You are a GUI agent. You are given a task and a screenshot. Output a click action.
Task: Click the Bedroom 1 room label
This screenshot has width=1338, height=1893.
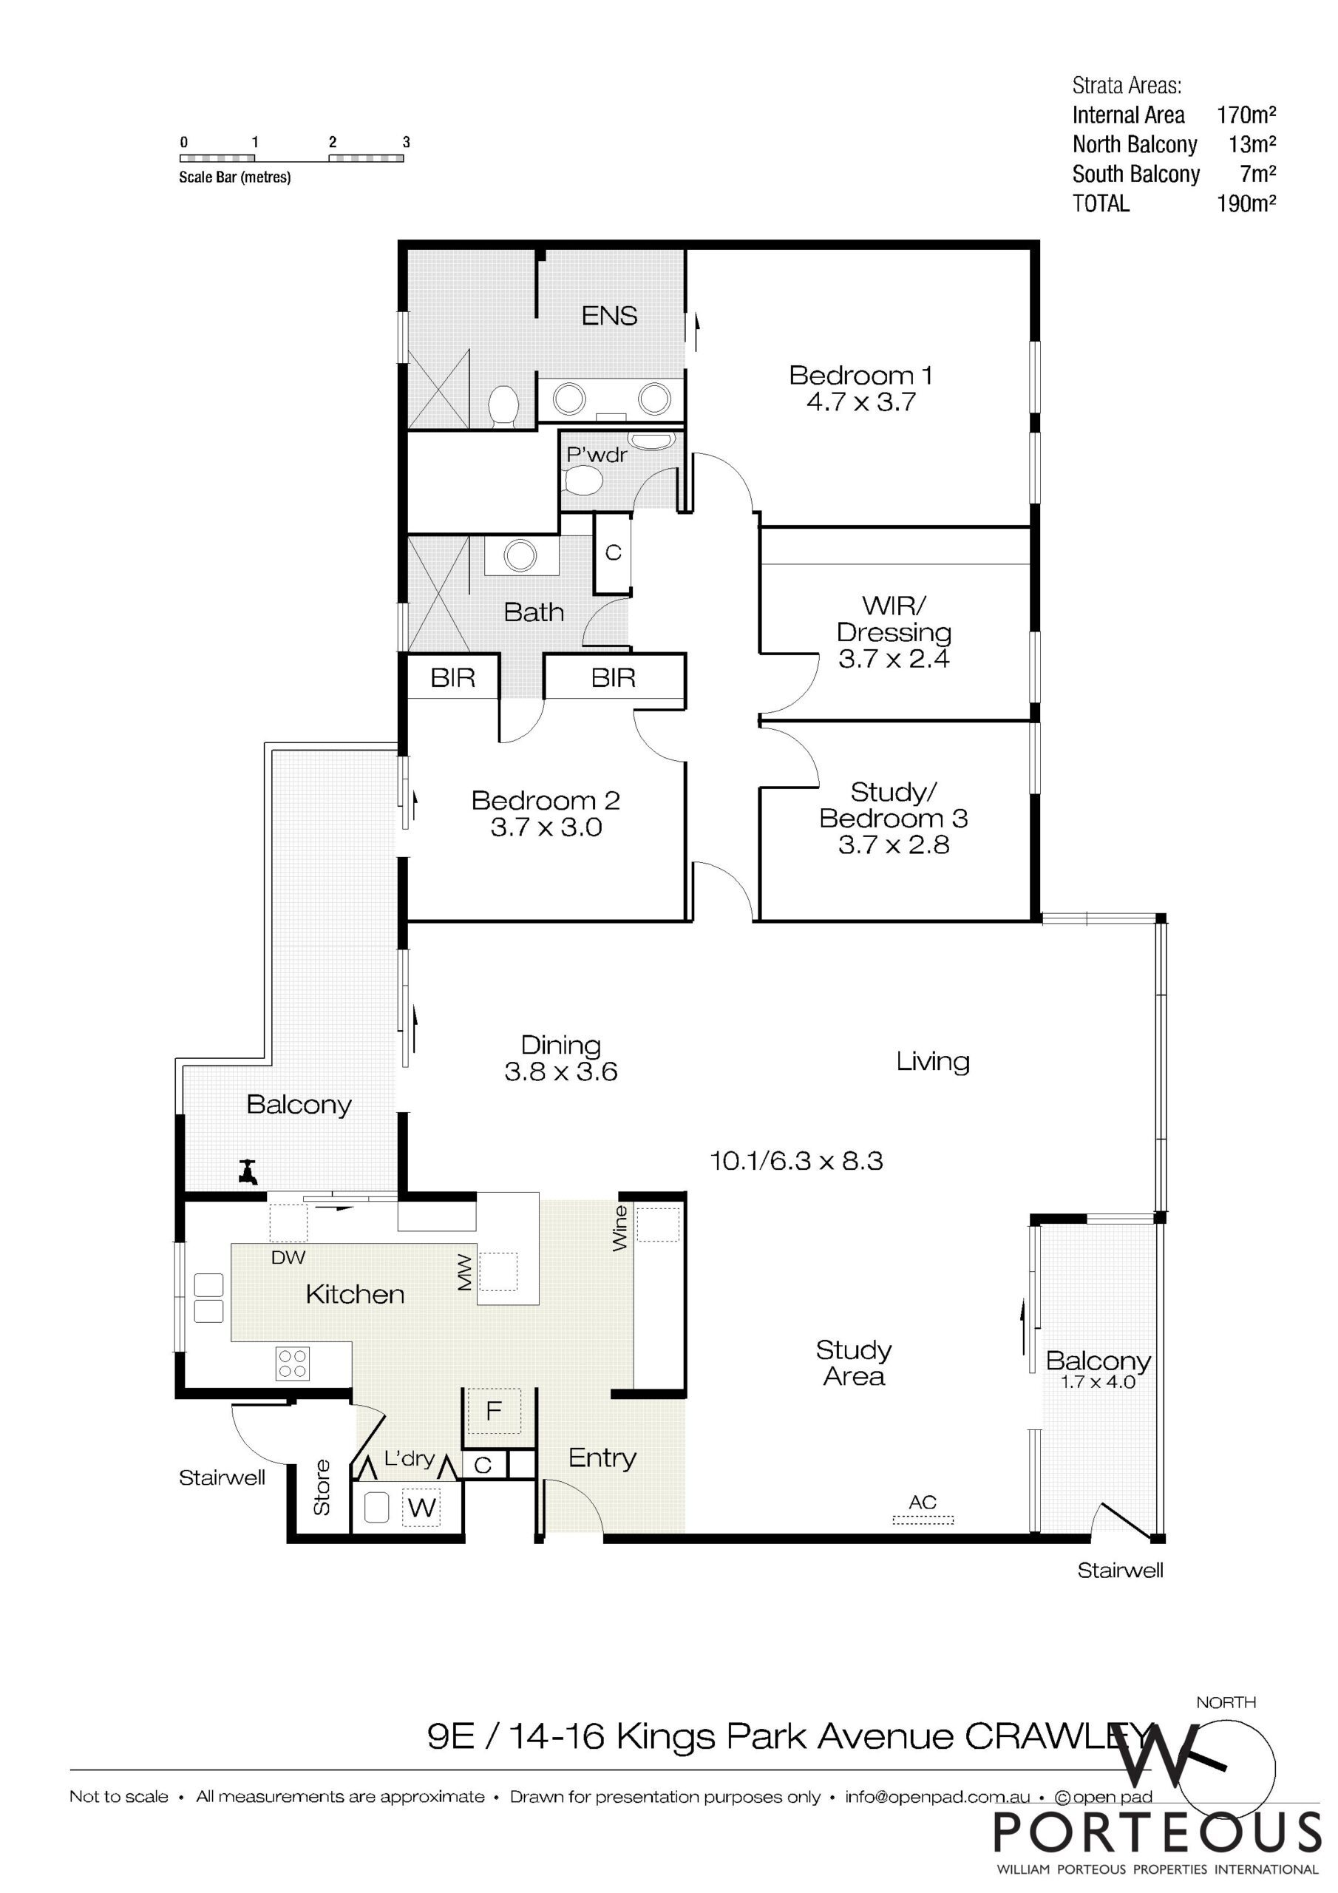pos(860,375)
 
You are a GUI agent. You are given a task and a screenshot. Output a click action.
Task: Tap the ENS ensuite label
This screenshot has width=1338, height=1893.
pos(609,316)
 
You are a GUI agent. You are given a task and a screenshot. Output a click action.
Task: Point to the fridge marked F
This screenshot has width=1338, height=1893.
pos(493,1411)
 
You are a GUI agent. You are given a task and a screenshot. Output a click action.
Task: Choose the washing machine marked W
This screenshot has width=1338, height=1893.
pos(422,1508)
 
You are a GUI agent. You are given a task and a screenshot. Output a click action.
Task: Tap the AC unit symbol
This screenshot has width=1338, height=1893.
pos(923,1519)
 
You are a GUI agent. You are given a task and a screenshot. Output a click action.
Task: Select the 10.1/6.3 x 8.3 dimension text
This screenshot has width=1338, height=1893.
pos(796,1161)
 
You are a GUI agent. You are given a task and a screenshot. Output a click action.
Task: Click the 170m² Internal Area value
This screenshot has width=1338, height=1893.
pos(1246,115)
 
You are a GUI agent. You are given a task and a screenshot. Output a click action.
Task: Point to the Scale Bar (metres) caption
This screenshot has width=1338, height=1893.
pos(235,177)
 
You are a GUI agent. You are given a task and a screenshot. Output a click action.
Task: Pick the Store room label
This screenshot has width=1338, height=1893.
pos(322,1487)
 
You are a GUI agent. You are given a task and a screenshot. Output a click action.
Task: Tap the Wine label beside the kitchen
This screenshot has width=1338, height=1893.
pos(620,1228)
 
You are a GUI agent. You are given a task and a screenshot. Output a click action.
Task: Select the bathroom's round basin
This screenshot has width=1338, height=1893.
pos(520,555)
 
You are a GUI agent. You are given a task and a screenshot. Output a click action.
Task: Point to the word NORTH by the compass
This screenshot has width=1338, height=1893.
pos(1226,1701)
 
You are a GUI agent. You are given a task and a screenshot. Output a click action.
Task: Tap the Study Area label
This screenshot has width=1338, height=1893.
pos(854,1363)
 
